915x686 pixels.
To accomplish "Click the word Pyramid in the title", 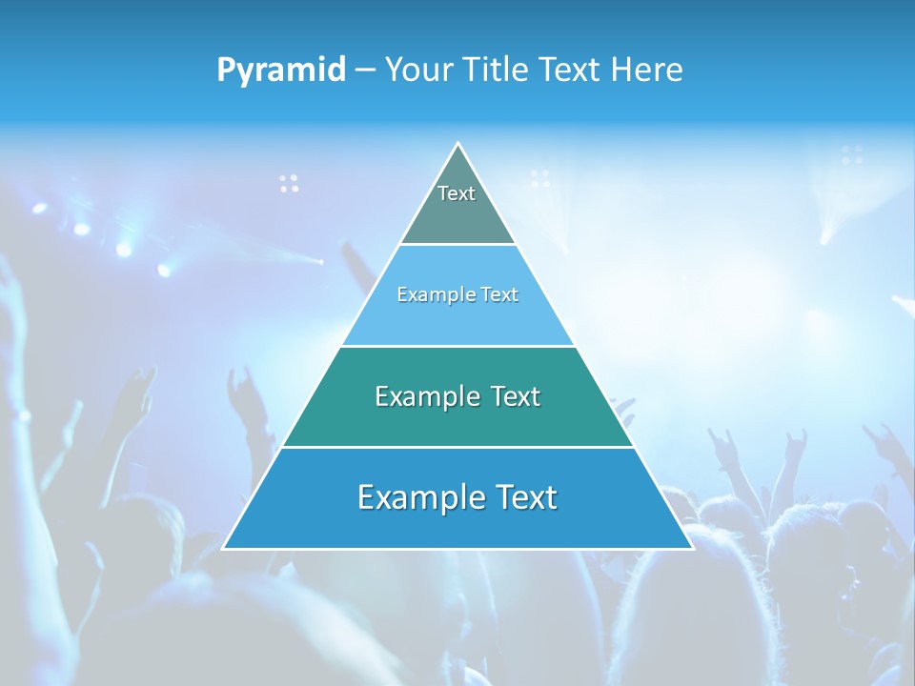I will [x=281, y=71].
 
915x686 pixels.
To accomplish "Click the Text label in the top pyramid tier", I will [x=457, y=193].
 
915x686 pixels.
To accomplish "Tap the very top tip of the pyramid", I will [x=458, y=145].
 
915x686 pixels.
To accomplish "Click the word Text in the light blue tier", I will [x=498, y=294].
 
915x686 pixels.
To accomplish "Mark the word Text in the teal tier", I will [x=516, y=396].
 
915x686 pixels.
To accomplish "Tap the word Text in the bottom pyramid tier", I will [x=526, y=497].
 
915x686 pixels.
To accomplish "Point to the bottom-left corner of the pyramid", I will [x=224, y=548].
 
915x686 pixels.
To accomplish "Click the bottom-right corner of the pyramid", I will [x=692, y=548].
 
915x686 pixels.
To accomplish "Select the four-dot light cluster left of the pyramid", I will [x=289, y=183].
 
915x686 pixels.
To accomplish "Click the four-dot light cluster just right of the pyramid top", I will [x=540, y=178].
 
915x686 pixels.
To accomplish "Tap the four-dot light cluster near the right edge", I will [x=852, y=154].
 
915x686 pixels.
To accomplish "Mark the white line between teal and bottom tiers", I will [x=457, y=447].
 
